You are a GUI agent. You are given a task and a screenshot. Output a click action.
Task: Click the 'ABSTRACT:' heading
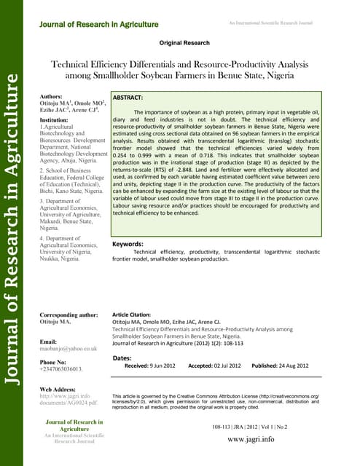pos(128,97)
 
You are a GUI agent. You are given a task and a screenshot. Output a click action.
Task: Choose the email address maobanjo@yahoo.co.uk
pos(69,349)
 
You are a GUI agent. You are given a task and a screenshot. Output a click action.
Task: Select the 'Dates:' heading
pos(122,358)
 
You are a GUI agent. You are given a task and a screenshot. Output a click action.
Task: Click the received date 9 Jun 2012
pos(160,366)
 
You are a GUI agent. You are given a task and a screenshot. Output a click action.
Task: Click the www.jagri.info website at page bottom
pos(251,439)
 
